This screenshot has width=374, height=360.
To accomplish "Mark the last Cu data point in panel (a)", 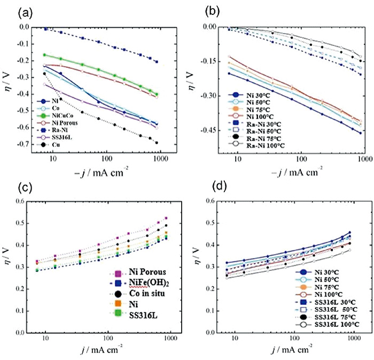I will coord(157,143).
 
